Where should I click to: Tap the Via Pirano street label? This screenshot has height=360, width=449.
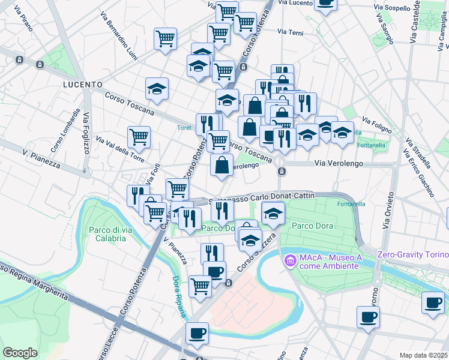[x=25, y=19]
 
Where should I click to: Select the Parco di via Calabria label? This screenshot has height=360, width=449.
[x=107, y=233]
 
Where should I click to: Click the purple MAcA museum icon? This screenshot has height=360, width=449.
[x=291, y=260]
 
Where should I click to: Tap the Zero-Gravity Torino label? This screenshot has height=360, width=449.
[x=412, y=254]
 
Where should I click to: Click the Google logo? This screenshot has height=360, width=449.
[x=20, y=352]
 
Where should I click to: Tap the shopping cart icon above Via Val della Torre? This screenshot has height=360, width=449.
[x=139, y=137]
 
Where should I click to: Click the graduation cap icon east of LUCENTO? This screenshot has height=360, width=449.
[x=157, y=90]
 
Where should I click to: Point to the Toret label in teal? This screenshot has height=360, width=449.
[x=184, y=127]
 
